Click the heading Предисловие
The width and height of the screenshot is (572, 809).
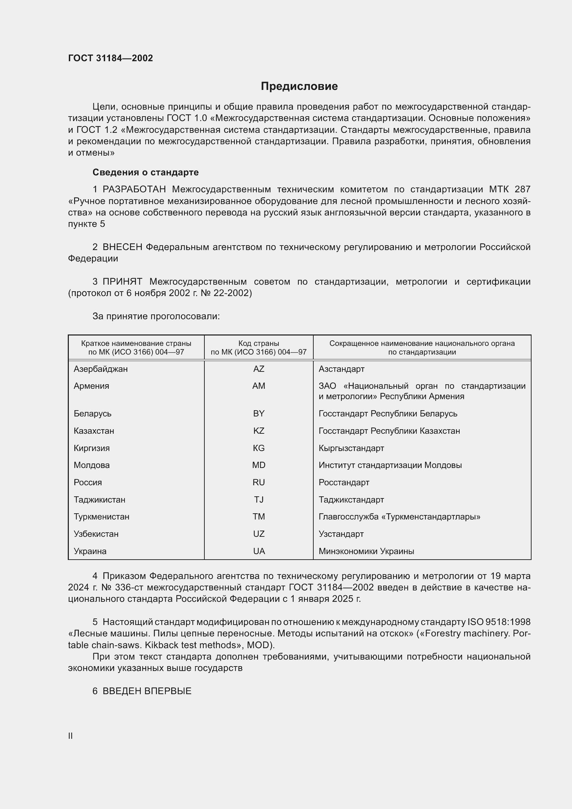[x=299, y=86]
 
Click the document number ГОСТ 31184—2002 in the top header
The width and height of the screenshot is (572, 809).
[x=110, y=58]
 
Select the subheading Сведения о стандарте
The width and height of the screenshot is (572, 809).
[x=146, y=172]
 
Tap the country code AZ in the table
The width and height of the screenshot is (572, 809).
[x=259, y=369]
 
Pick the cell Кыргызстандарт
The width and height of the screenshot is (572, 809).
[x=351, y=448]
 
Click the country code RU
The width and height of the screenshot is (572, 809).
[x=259, y=482]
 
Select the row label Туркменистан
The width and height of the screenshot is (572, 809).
[x=101, y=516]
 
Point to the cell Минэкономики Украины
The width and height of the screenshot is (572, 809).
[x=366, y=551]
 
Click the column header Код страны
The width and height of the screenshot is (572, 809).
[x=259, y=343]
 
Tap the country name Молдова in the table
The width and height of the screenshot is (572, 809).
[x=92, y=465]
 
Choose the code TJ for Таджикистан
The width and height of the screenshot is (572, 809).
[x=259, y=500]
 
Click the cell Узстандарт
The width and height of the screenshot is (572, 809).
[x=341, y=534]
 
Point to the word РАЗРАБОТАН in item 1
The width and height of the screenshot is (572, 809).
[x=134, y=190]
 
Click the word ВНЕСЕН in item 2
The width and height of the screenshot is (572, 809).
[x=122, y=247]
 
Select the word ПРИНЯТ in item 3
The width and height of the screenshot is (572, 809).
[x=122, y=282]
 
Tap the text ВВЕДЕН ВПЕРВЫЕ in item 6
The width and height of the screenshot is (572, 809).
[x=147, y=691]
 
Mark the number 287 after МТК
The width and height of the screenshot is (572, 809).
[x=522, y=190]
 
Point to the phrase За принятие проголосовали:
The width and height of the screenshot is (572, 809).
[x=156, y=316]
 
